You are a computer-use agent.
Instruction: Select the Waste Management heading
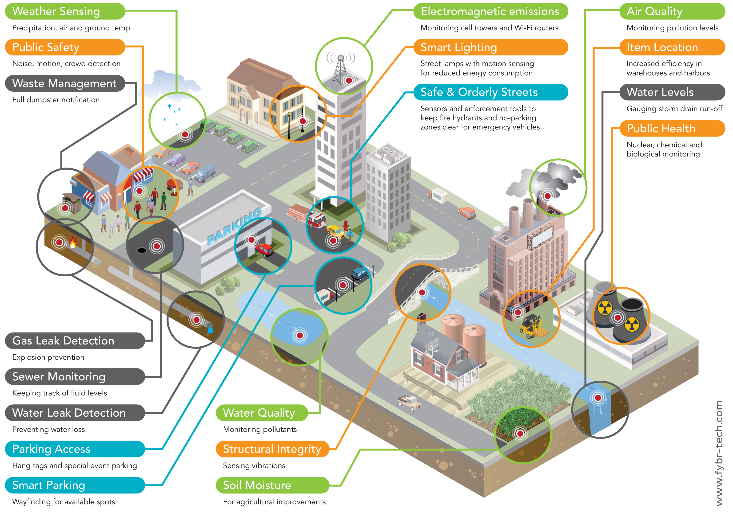coord(64,83)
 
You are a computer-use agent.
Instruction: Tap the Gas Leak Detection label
coord(63,341)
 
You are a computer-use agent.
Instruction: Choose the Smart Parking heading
coord(49,485)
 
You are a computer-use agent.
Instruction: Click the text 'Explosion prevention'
coord(48,357)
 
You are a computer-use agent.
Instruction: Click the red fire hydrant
coord(346,225)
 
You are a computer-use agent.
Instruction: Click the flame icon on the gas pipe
coord(73,242)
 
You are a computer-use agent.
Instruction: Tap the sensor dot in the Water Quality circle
coord(300,336)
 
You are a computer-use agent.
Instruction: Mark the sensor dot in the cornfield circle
coord(520,434)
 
